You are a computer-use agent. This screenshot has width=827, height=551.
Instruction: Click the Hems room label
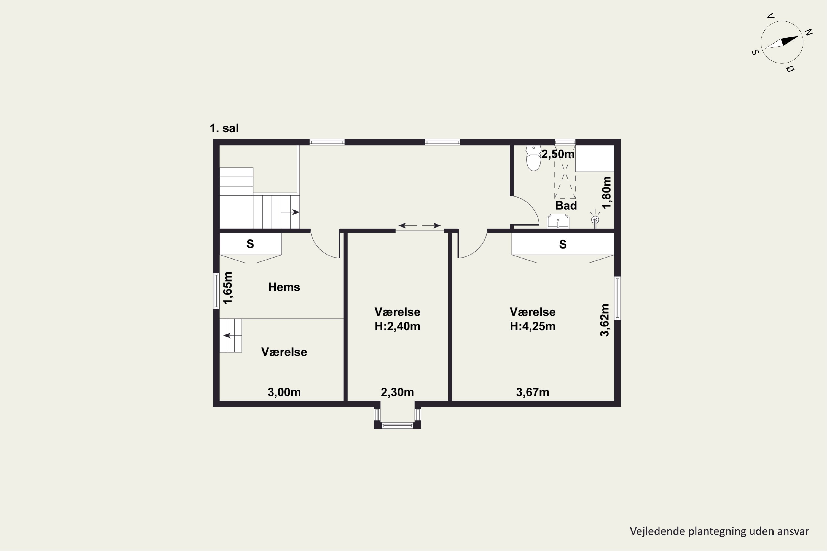(284, 287)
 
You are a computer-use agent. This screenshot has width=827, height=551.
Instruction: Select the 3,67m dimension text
(532, 392)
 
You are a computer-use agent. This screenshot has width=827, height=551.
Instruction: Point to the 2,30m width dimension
(397, 392)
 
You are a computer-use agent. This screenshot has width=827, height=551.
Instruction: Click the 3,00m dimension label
(284, 392)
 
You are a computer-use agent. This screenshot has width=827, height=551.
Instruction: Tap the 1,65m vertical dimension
(228, 288)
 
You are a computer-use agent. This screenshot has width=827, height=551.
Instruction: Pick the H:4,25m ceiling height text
(533, 326)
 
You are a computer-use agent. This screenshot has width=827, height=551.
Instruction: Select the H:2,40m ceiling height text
(397, 326)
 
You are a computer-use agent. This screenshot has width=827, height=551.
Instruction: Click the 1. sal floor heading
(224, 128)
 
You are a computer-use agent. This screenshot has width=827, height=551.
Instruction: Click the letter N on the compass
(809, 33)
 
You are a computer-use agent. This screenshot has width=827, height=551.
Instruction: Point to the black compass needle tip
(799, 36)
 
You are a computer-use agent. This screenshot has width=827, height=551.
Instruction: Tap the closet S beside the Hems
(250, 244)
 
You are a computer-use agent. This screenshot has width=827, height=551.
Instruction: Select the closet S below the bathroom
(563, 244)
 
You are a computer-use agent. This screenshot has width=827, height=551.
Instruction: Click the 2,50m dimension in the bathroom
(558, 154)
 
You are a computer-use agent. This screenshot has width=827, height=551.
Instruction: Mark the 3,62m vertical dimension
(605, 320)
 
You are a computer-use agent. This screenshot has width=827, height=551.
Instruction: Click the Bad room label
(566, 206)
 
